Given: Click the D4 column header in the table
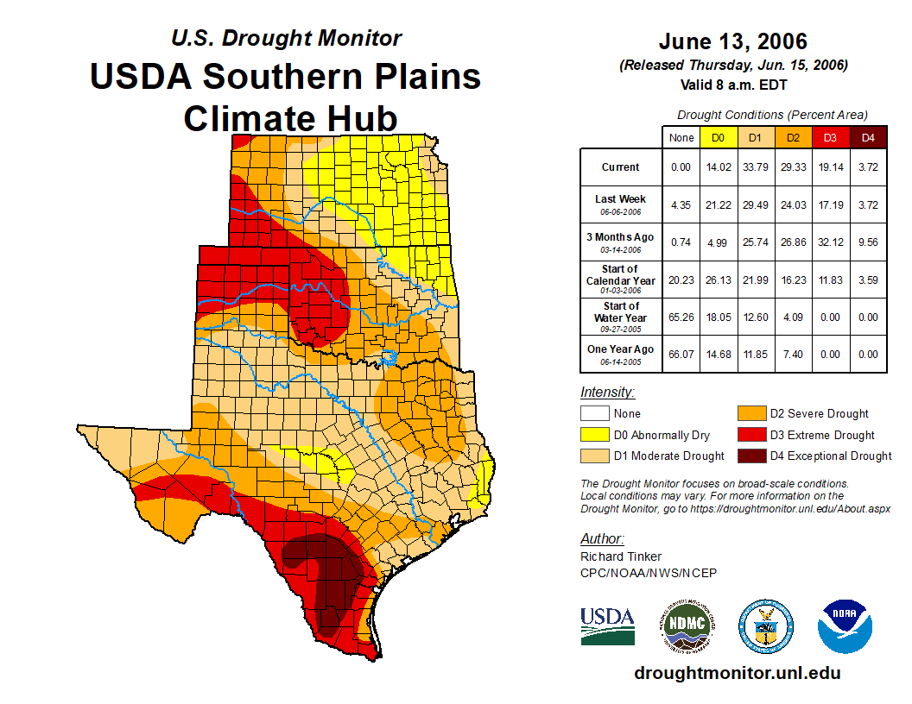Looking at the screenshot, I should pos(868,137).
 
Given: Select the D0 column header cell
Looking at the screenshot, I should pos(717,137).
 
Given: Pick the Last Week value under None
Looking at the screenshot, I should pos(681,204).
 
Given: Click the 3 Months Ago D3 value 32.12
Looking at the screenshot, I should pos(829,242).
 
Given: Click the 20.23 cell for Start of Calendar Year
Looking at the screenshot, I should pos(681,280).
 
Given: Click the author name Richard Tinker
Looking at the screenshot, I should pos(621,556).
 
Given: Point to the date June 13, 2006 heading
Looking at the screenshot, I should pos(732,41).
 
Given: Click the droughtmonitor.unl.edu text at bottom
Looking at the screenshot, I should pos(737,673).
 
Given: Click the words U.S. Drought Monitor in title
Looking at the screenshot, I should pos(286,39).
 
